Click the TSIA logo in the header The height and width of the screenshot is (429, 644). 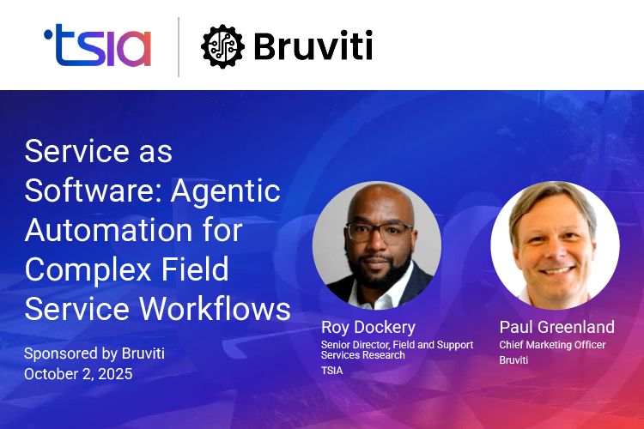pos(97,46)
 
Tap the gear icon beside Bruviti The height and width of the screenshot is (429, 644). pos(222,46)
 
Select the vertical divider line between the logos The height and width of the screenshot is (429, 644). pos(179,46)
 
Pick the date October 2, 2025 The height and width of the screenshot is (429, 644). pos(79,373)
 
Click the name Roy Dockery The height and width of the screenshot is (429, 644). pos(368,327)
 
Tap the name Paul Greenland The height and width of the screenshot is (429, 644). pos(556,327)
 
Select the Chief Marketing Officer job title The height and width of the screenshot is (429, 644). pos(552,345)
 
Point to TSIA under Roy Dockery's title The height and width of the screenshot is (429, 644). pos(331,371)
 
